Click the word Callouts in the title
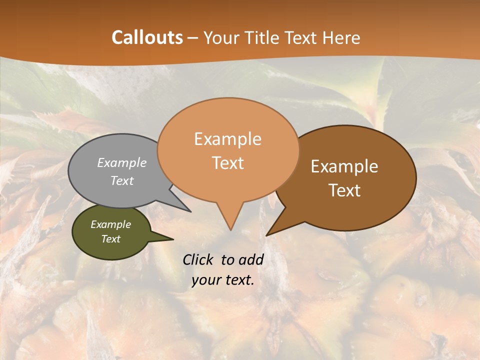[147, 37]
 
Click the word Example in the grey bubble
[122, 162]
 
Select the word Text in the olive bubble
[111, 239]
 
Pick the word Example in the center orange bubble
[227, 139]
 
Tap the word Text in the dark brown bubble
[345, 190]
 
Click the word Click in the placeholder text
[198, 259]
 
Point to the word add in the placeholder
[251, 259]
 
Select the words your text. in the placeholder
[223, 280]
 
